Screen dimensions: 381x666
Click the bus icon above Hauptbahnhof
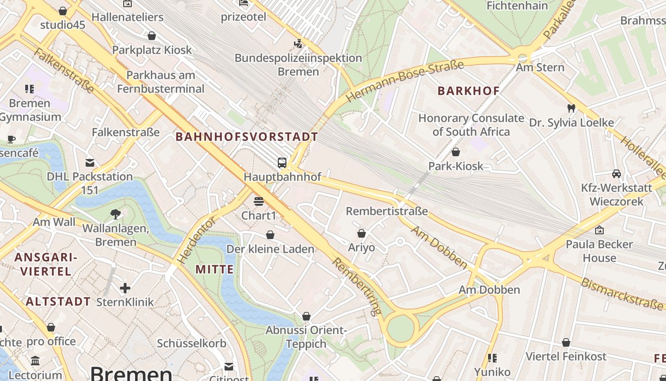282,163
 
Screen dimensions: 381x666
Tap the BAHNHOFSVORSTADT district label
247,137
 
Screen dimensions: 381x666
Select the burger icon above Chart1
259,201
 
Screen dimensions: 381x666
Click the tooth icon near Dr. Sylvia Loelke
571,109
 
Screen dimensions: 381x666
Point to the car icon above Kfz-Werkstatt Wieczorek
617,174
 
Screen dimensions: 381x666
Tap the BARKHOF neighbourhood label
469,91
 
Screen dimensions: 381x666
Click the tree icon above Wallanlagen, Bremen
115,214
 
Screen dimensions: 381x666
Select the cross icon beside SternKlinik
125,288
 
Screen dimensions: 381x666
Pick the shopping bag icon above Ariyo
362,233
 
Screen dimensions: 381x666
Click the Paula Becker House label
599,251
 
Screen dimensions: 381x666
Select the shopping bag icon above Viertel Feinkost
566,342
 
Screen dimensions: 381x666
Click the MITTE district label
215,269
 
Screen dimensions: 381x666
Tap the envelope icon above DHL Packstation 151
89,163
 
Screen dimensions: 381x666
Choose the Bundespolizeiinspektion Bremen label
298,65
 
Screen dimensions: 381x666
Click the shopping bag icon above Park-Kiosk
456,152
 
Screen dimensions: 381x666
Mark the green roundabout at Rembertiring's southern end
401,329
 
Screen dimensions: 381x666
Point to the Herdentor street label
196,241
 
